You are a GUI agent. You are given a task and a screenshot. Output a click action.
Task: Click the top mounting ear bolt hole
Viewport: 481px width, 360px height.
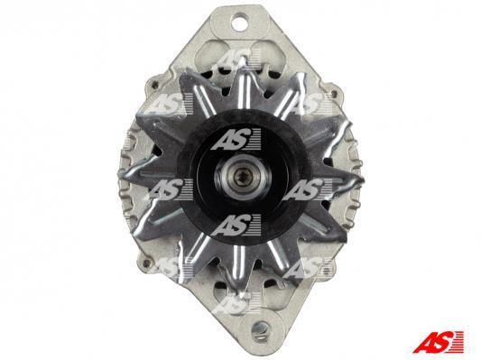click(240, 23)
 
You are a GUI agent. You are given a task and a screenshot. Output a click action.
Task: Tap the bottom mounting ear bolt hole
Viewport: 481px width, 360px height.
click(259, 330)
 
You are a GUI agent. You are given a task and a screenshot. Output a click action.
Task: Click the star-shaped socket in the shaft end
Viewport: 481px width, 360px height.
click(240, 178)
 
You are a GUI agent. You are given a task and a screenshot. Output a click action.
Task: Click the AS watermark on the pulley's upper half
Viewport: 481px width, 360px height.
click(236, 139)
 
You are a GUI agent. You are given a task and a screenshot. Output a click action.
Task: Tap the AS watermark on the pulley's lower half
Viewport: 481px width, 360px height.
click(236, 226)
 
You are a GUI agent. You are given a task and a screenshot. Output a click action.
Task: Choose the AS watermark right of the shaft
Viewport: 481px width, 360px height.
click(307, 189)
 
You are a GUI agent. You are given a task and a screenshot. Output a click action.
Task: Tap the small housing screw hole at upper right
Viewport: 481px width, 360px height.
click(334, 91)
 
